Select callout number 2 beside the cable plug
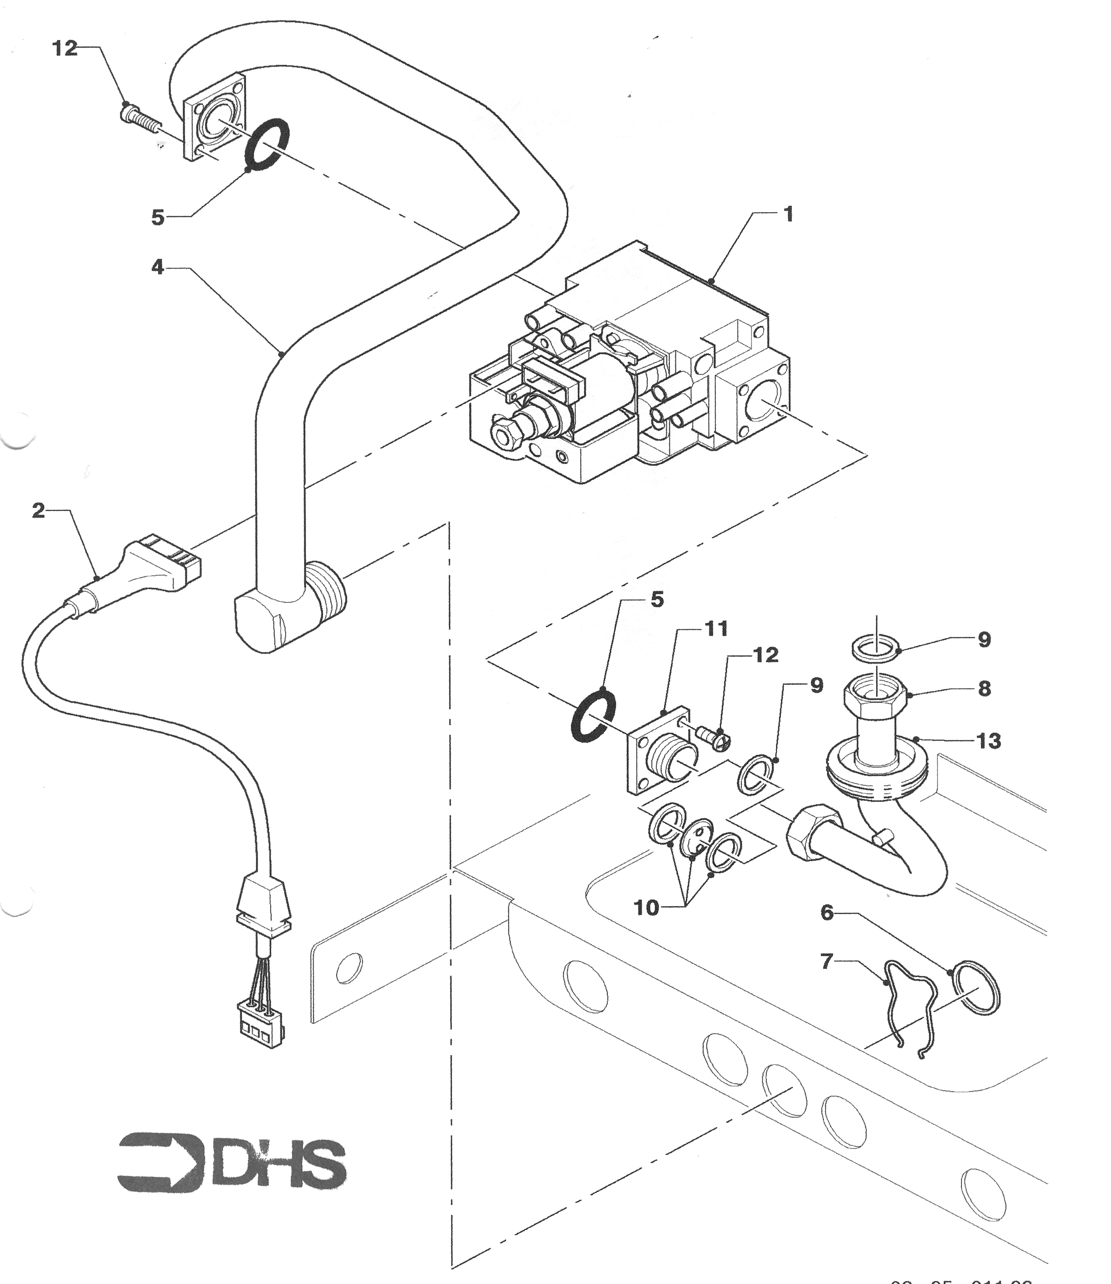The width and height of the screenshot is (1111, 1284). [39, 511]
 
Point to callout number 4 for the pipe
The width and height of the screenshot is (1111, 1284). [158, 267]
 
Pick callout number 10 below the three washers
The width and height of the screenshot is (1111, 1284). [647, 908]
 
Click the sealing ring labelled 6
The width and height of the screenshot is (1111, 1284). [976, 989]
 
